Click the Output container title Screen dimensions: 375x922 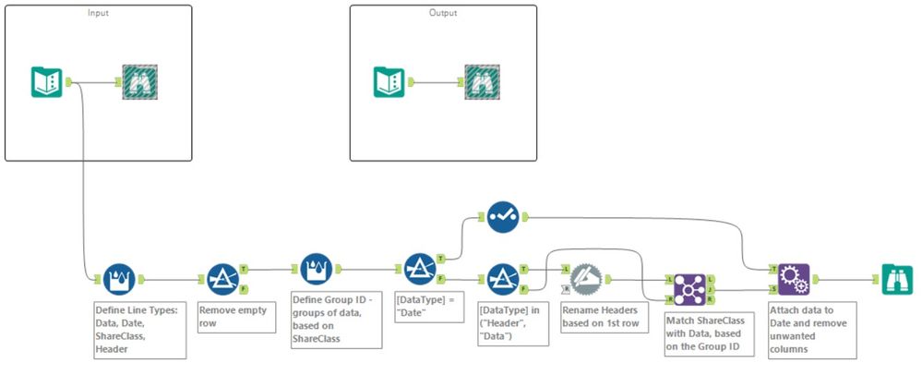click(442, 13)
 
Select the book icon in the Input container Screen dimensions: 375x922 click(46, 82)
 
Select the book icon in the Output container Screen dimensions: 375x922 click(389, 82)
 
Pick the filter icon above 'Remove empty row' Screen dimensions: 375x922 click(222, 277)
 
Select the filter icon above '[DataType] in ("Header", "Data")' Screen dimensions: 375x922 click(503, 277)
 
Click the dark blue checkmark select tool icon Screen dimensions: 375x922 click(502, 217)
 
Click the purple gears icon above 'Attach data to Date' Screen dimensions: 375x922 click(793, 277)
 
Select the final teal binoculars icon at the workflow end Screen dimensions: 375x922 click(896, 277)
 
